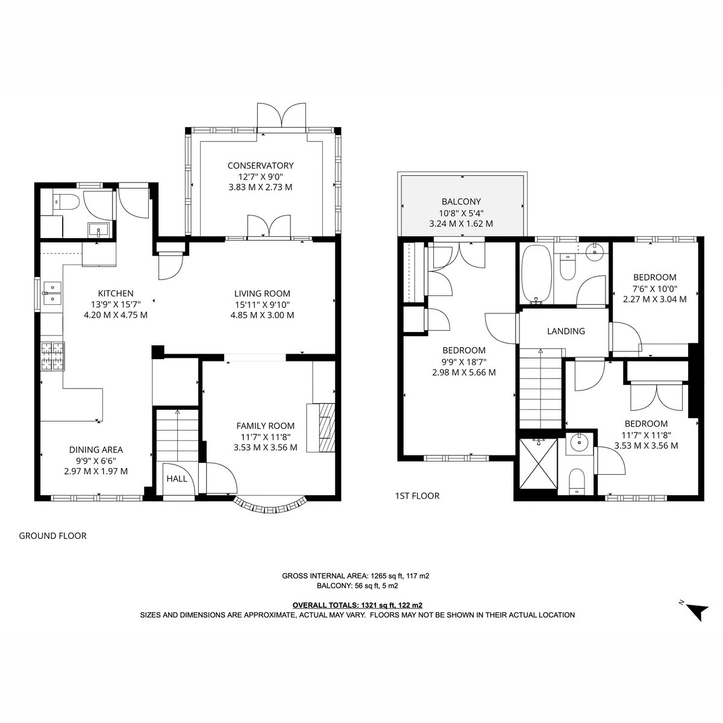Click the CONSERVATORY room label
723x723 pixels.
pyautogui.click(x=260, y=166)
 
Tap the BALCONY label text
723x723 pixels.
pyautogui.click(x=461, y=201)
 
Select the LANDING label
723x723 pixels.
pyautogui.click(x=566, y=331)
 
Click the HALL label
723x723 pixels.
pyautogui.click(x=177, y=479)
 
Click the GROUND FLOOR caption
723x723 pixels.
pyautogui.click(x=52, y=536)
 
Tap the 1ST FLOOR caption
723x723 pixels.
pyautogui.click(x=417, y=496)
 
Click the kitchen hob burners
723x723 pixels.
pyautogui.click(x=52, y=356)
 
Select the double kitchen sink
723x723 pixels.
pyautogui.click(x=52, y=293)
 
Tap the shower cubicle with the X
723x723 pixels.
pyautogui.click(x=539, y=464)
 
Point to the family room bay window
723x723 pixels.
pyautogui.click(x=269, y=506)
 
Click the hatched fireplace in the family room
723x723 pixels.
pyautogui.click(x=327, y=428)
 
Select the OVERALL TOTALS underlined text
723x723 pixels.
pyautogui.click(x=357, y=605)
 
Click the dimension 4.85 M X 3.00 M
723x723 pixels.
pyautogui.click(x=262, y=315)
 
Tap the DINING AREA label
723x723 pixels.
pyautogui.click(x=96, y=449)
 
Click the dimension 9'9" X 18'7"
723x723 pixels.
pyautogui.click(x=464, y=361)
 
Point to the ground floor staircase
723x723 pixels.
pyautogui.click(x=177, y=435)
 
